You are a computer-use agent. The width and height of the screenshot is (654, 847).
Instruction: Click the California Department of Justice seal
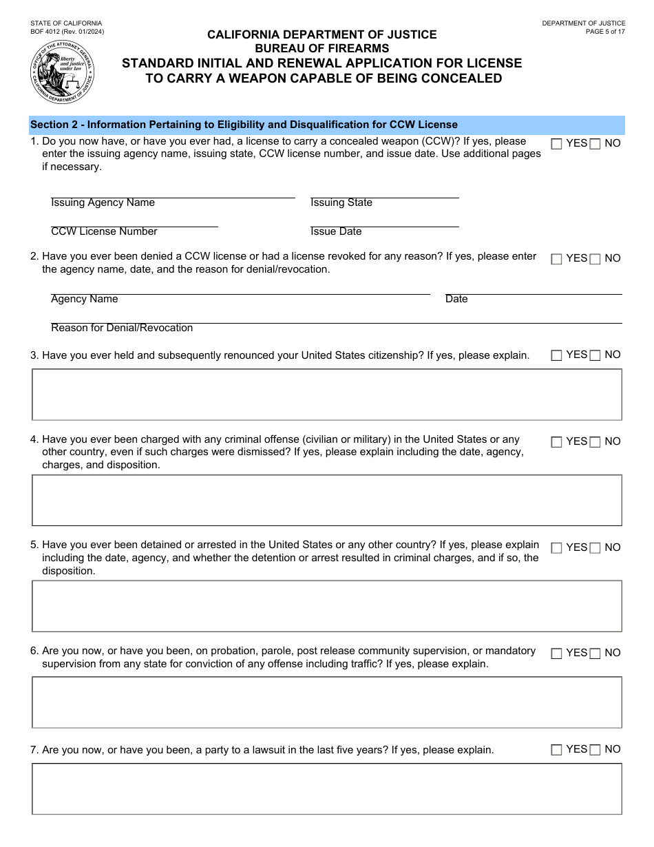click(63, 70)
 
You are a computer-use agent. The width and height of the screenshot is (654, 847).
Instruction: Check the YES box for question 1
click(557, 144)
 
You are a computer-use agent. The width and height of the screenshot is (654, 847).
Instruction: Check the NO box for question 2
click(595, 259)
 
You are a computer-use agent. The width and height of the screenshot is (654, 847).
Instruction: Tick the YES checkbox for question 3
click(557, 355)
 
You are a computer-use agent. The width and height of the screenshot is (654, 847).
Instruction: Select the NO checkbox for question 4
click(595, 442)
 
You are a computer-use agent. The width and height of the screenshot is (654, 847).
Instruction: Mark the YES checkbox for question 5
click(557, 548)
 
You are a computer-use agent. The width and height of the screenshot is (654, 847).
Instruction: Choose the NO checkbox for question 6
click(595, 653)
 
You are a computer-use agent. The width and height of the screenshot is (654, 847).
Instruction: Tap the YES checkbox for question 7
click(557, 750)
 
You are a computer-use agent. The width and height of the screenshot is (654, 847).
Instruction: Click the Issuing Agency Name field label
click(103, 203)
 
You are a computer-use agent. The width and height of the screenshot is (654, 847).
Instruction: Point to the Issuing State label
click(341, 203)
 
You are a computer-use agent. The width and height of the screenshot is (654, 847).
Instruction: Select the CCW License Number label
click(104, 232)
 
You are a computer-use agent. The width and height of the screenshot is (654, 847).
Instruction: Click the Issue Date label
click(336, 232)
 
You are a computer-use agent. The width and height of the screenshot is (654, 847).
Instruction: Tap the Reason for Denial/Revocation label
click(122, 328)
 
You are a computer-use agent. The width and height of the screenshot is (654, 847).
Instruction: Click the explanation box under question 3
click(327, 395)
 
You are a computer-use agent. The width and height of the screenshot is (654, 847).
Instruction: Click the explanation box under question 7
click(327, 789)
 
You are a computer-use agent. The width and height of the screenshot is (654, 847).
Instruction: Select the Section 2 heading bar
click(327, 125)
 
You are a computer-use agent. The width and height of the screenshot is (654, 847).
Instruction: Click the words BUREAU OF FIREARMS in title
click(322, 48)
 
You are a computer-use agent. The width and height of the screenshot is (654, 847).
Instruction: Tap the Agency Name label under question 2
click(85, 300)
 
